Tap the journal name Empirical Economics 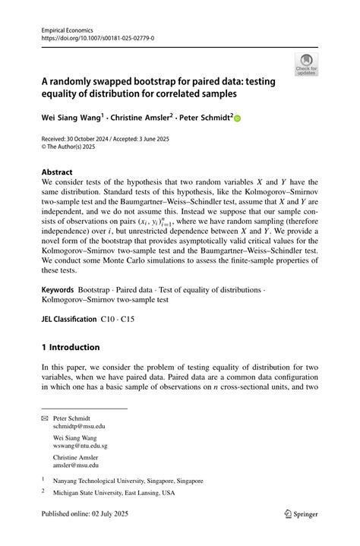(68, 27)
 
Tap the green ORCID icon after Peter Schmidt (236, 119)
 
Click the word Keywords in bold (58, 291)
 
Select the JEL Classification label (70, 319)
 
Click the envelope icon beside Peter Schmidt (45, 418)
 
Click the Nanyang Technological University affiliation (128, 481)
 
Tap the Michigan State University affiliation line (114, 493)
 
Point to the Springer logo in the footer (300, 514)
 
